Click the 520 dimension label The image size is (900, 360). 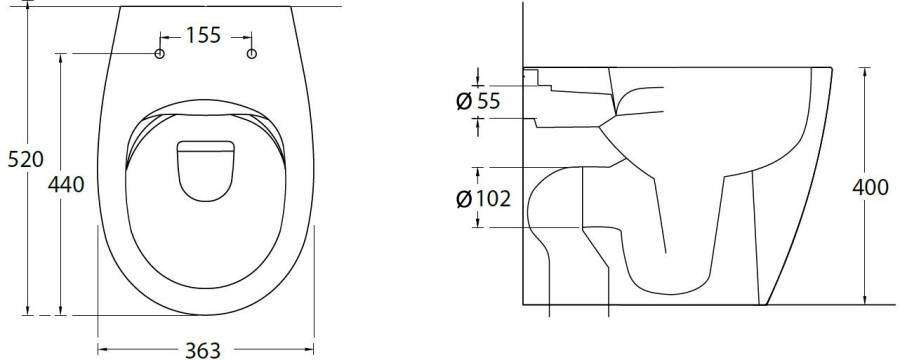click(25, 159)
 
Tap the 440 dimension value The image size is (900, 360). click(66, 184)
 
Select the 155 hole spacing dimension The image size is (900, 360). click(203, 36)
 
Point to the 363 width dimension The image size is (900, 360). click(203, 350)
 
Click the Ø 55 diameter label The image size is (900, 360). click(478, 102)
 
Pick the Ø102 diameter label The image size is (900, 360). click(483, 199)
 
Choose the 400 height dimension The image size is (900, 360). click(870, 187)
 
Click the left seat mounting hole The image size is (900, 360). click(160, 54)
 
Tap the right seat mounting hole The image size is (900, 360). click(251, 54)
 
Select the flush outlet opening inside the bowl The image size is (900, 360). click(205, 171)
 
